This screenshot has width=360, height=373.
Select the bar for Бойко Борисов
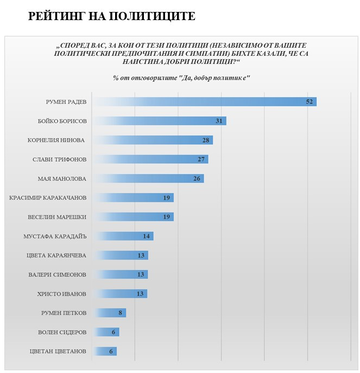[x=157, y=121]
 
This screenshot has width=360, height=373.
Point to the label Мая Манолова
[x=62, y=179]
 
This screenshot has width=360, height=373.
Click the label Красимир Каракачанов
[x=48, y=198]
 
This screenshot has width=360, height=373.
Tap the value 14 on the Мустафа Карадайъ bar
[x=146, y=236]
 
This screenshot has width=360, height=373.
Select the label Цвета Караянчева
[x=56, y=255]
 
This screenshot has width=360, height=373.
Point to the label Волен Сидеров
[x=60, y=332]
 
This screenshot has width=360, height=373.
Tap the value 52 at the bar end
[x=310, y=102]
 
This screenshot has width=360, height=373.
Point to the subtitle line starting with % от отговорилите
[x=181, y=78]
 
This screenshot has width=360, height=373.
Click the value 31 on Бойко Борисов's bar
[x=219, y=121]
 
